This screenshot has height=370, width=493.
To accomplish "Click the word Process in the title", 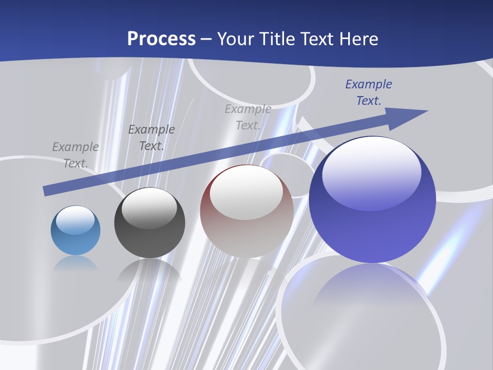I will pyautogui.click(x=161, y=39).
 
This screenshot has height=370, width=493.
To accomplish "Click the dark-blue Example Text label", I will pyautogui.click(x=368, y=92).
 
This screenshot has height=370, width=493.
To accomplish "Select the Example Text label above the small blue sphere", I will pyautogui.click(x=75, y=155).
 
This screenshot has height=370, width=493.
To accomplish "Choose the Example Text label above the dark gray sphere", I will pyautogui.click(x=151, y=138).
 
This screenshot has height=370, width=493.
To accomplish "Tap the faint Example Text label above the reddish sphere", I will pyautogui.click(x=248, y=117).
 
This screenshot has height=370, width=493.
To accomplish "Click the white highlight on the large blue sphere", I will pyautogui.click(x=371, y=172).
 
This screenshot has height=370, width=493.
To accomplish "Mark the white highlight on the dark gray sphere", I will pyautogui.click(x=149, y=208).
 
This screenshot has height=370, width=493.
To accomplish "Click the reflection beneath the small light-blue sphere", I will pyautogui.click(x=75, y=263).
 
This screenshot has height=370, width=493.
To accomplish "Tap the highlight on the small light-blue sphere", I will pyautogui.click(x=75, y=220).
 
